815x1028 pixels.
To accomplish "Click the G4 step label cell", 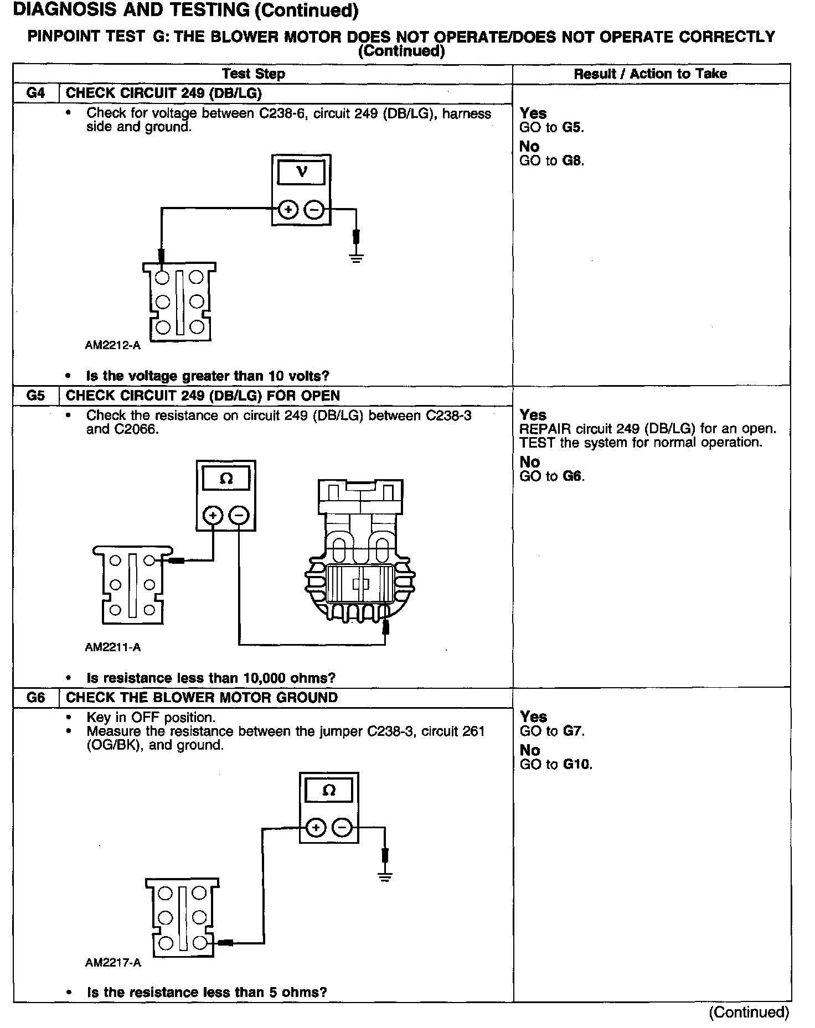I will pyautogui.click(x=35, y=93).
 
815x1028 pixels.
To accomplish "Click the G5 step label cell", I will pyautogui.click(x=35, y=396).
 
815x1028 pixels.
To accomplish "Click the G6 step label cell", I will pyautogui.click(x=35, y=697).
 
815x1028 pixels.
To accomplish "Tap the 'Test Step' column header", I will pyautogui.click(x=254, y=74).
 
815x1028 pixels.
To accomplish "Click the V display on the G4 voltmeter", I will pyautogui.click(x=301, y=172).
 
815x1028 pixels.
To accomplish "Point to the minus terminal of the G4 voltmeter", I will pyautogui.click(x=314, y=210).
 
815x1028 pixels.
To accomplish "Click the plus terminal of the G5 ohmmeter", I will pyautogui.click(x=213, y=516).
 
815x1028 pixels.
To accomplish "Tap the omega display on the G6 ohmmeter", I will pyautogui.click(x=329, y=791).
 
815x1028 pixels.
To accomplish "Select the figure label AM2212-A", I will pyautogui.click(x=113, y=345).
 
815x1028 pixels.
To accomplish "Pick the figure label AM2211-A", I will pyautogui.click(x=113, y=647).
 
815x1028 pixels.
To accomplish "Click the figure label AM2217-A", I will pyautogui.click(x=113, y=962).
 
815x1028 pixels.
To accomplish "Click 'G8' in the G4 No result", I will pyautogui.click(x=573, y=161).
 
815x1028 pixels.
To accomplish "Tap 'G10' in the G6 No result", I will pyautogui.click(x=577, y=765).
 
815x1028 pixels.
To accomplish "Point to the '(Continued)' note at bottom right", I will pyautogui.click(x=749, y=1011).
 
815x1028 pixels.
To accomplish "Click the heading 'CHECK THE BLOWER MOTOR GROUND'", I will pyautogui.click(x=202, y=697).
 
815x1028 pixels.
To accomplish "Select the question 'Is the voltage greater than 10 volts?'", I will pyautogui.click(x=208, y=376).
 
